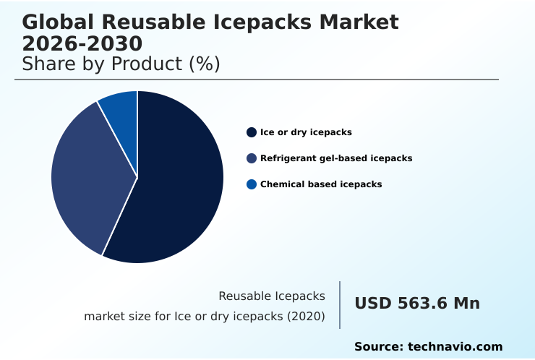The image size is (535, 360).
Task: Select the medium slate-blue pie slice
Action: click(87, 173)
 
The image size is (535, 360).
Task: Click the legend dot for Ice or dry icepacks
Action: click(252, 132)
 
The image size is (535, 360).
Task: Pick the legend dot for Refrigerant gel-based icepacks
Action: click(252, 158)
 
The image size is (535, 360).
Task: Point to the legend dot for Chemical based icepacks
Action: click(252, 184)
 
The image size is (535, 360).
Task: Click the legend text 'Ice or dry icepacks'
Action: click(306, 132)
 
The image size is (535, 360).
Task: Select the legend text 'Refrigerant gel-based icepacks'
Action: click(336, 158)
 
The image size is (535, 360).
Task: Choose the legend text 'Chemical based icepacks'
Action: click(321, 184)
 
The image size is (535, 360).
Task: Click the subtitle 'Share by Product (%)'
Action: click(121, 64)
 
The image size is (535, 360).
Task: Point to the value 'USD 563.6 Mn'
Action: click(417, 304)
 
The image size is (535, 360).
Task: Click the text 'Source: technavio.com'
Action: click(428, 347)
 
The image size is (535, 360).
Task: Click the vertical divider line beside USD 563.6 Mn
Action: click(340, 305)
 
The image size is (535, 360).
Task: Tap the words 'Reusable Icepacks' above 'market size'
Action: click(272, 296)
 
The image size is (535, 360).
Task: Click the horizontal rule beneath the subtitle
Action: click(257, 80)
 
